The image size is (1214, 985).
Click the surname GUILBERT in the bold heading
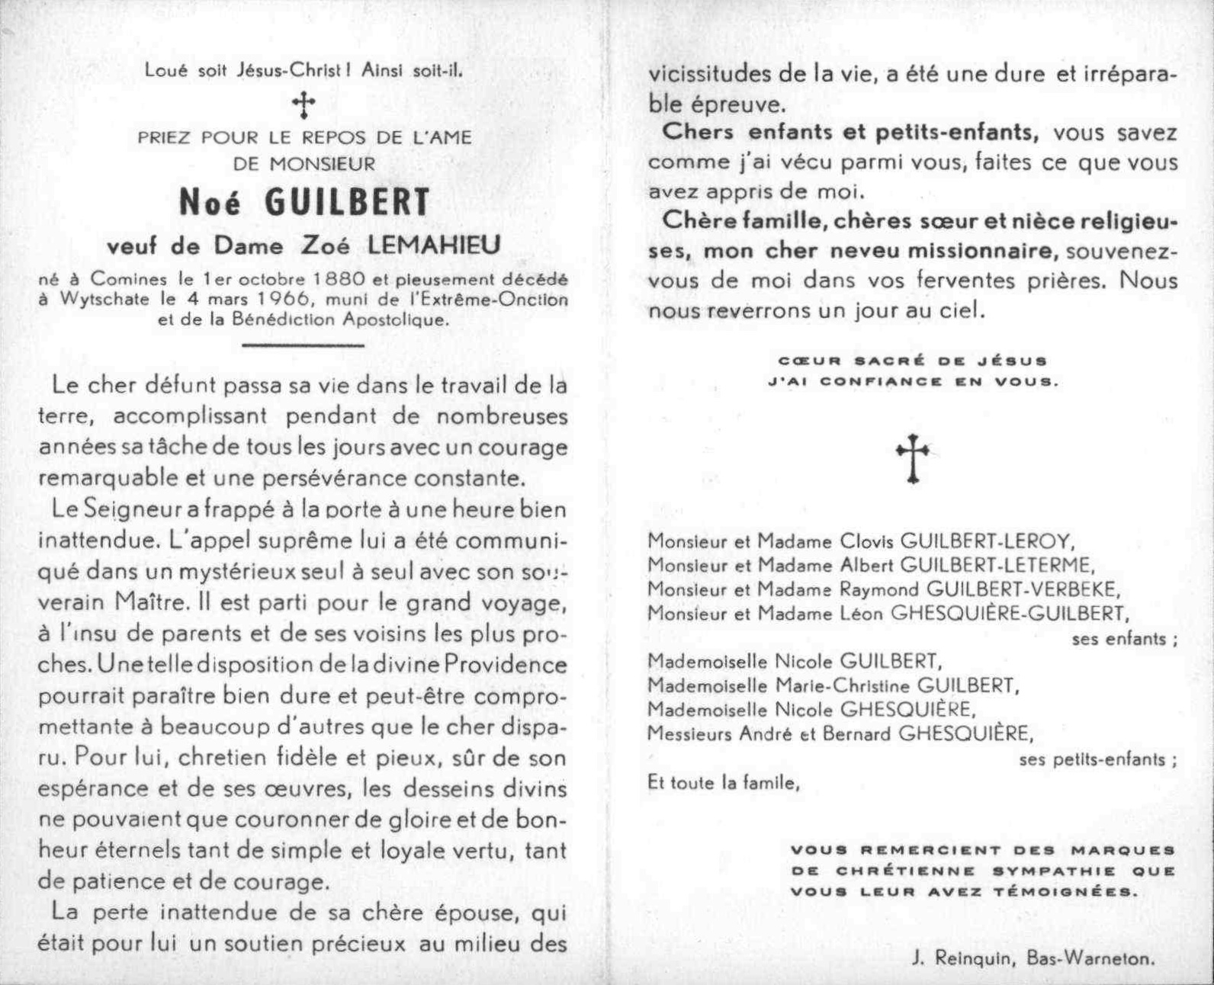point(348,203)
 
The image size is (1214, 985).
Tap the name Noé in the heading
point(210,203)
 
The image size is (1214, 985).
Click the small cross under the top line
point(303,104)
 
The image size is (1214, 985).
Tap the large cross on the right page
point(912,457)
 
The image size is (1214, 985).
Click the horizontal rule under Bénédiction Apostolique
point(303,345)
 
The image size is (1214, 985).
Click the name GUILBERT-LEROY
point(988,541)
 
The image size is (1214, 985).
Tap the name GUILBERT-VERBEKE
point(1023,589)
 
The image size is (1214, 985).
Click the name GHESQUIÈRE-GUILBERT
point(1007,613)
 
